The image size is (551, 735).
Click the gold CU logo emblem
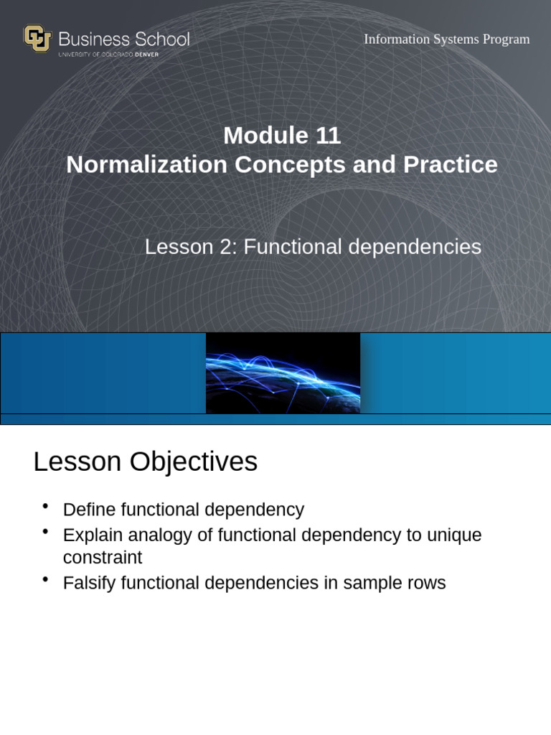(x=37, y=38)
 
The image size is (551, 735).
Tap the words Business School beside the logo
(x=123, y=39)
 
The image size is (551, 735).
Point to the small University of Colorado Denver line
(x=108, y=55)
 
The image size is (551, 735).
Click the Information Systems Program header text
(x=446, y=39)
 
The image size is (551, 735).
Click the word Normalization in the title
(x=146, y=164)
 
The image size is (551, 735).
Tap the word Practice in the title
(x=450, y=164)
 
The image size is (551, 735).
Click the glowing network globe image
(x=283, y=373)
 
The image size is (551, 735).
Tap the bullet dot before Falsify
(x=45, y=579)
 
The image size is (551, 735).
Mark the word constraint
(x=103, y=558)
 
